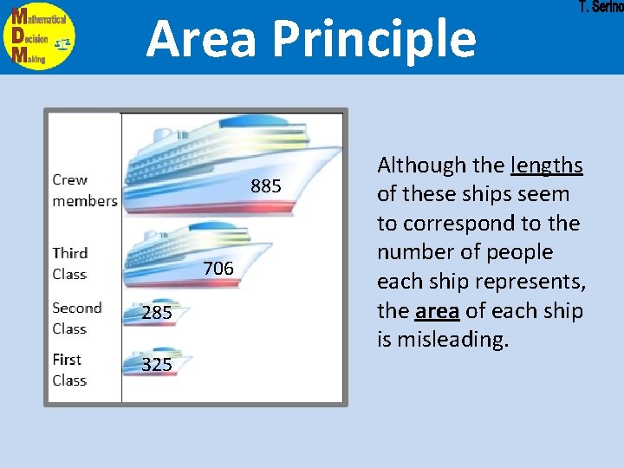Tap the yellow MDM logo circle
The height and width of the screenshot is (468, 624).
click(x=39, y=37)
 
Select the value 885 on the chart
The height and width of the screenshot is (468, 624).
click(x=266, y=186)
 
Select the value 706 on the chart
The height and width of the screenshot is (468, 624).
click(x=218, y=269)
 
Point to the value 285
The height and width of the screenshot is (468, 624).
click(x=157, y=313)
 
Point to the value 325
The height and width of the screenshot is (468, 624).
click(x=157, y=365)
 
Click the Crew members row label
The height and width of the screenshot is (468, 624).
click(x=84, y=191)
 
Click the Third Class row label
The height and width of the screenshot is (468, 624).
click(x=70, y=263)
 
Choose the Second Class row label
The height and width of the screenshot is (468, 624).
click(x=77, y=318)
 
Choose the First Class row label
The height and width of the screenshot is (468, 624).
click(x=69, y=369)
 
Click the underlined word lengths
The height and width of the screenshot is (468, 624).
click(x=547, y=165)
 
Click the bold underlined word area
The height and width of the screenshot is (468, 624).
click(x=436, y=310)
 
